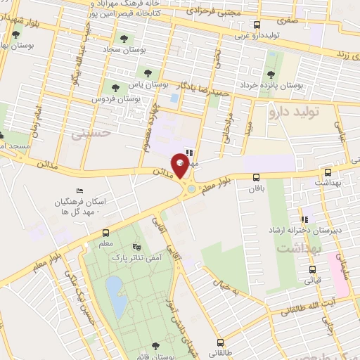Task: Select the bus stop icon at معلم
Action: (x=105, y=233)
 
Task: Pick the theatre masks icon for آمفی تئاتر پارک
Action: (x=136, y=247)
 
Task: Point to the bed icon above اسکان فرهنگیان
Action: (x=79, y=191)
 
